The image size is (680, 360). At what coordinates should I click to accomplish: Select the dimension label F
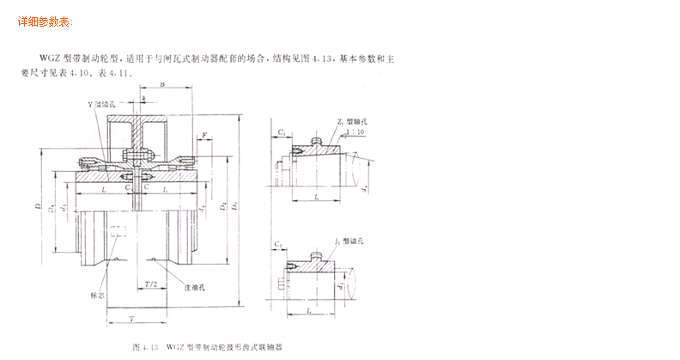[x=205, y=135]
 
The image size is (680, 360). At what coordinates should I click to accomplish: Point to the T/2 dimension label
[x=151, y=283]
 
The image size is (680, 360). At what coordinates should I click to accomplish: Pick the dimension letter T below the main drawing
[x=129, y=318]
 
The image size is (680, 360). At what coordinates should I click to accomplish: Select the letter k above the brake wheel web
[x=144, y=101]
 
